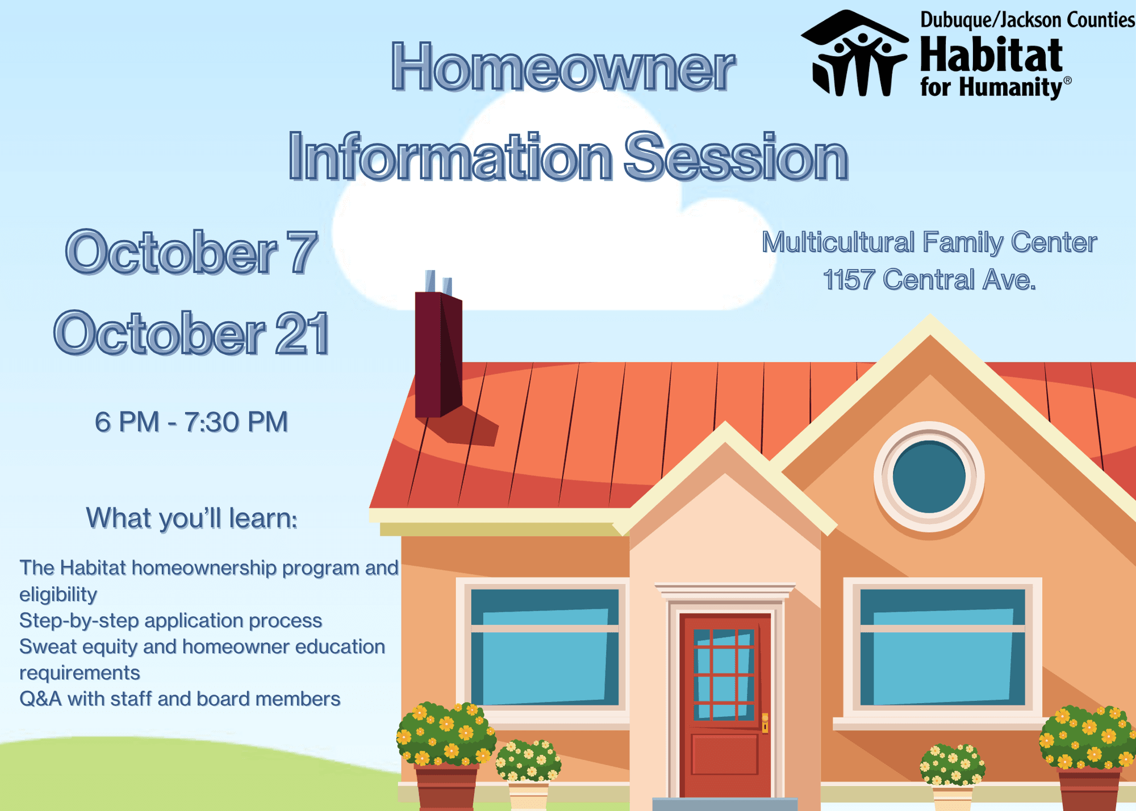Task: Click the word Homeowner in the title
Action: click(x=563, y=68)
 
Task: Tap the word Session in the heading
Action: click(x=737, y=156)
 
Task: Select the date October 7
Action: click(x=191, y=253)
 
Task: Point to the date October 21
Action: click(x=191, y=333)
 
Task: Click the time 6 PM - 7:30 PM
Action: click(x=191, y=422)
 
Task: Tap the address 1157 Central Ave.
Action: click(x=929, y=279)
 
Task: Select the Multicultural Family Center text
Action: click(x=929, y=243)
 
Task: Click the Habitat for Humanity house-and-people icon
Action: click(x=855, y=53)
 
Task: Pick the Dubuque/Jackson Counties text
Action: click(x=1028, y=20)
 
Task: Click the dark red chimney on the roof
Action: click(x=438, y=354)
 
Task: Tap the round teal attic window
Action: click(x=929, y=476)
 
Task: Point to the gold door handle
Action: click(x=765, y=723)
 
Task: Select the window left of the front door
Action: click(x=545, y=647)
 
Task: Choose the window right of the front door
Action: click(x=943, y=647)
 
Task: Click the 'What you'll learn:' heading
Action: click(x=191, y=519)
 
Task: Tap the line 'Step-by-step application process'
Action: click(x=170, y=621)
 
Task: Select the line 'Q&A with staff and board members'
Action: click(x=179, y=699)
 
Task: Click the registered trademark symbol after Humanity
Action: click(x=1067, y=81)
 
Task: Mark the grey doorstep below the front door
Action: click(x=725, y=804)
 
